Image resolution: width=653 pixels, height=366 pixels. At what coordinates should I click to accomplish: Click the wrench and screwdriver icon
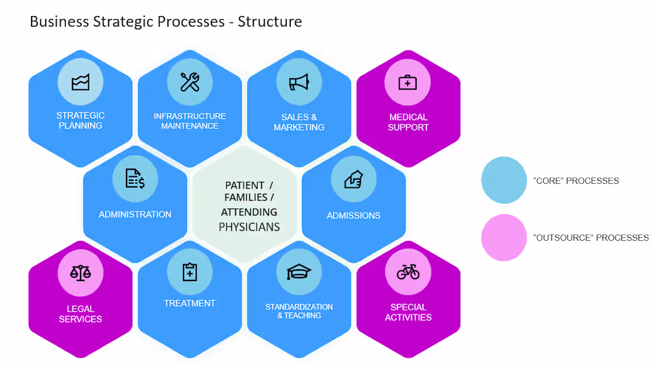[190, 81]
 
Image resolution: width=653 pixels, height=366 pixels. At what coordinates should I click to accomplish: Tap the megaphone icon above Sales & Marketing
[299, 82]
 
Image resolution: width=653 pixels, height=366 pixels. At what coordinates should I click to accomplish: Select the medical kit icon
[408, 82]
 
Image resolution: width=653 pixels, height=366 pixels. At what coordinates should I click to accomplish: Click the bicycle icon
[408, 272]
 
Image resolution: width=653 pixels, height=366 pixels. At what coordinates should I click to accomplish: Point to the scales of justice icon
[81, 272]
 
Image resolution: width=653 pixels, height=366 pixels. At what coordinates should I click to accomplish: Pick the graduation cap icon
[299, 272]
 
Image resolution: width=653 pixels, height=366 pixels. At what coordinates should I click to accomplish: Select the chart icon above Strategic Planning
[81, 82]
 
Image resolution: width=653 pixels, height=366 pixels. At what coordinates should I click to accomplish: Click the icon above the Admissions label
[353, 178]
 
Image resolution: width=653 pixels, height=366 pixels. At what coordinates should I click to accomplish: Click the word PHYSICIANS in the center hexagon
[249, 227]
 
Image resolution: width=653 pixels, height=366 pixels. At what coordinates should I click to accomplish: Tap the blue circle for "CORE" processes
[504, 180]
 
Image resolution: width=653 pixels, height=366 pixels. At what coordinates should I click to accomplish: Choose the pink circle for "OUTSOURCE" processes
[504, 237]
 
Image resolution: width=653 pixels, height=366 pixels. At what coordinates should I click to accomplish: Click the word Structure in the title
[270, 22]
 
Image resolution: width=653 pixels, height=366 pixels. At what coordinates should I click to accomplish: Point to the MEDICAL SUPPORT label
[408, 122]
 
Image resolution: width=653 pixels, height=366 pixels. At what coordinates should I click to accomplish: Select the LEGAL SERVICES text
[81, 314]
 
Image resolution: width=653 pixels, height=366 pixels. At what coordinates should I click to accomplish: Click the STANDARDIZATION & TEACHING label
[299, 311]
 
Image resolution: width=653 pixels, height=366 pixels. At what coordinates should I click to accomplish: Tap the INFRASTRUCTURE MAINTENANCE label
[190, 121]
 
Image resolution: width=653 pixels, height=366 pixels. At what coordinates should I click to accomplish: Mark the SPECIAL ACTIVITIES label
[408, 312]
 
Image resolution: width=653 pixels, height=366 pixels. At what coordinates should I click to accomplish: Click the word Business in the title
[58, 22]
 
